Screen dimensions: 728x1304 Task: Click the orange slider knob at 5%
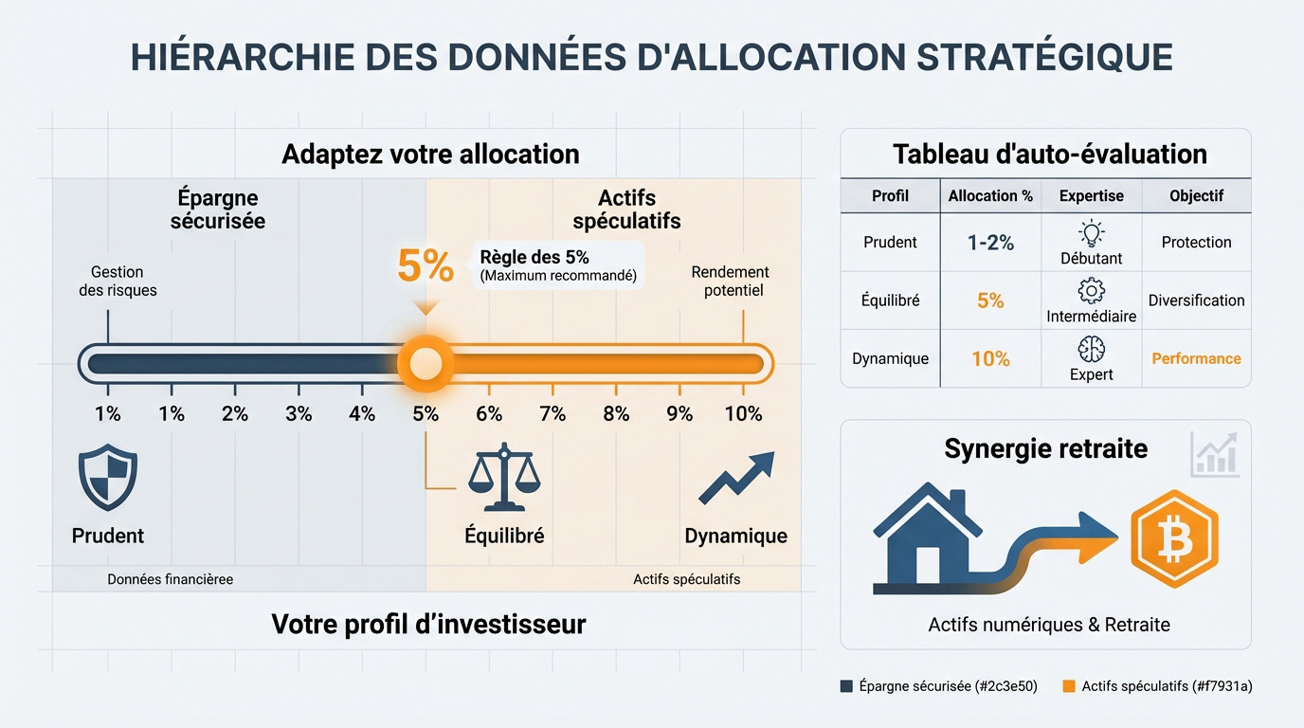pos(425,363)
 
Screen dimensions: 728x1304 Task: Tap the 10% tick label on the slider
pos(743,414)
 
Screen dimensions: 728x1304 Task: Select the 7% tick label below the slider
pos(552,414)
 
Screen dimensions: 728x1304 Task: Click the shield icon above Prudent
pos(108,478)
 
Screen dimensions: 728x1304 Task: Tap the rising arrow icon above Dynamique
pos(736,478)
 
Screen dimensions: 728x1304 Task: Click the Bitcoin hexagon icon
pos(1175,539)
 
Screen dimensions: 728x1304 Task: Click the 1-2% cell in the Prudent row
pos(990,243)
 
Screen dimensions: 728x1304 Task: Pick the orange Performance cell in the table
pos(1196,358)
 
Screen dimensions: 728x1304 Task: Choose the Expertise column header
pos(1091,195)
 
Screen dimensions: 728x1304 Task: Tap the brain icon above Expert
pos(1092,349)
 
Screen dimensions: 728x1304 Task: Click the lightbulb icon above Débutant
pos(1092,233)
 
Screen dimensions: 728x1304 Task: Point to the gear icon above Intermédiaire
pos(1092,291)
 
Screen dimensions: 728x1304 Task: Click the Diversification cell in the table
pos(1196,300)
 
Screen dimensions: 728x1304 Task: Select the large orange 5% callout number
pos(426,266)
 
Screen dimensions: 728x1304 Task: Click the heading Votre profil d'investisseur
pos(428,624)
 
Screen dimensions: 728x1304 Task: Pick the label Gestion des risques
pos(118,282)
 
